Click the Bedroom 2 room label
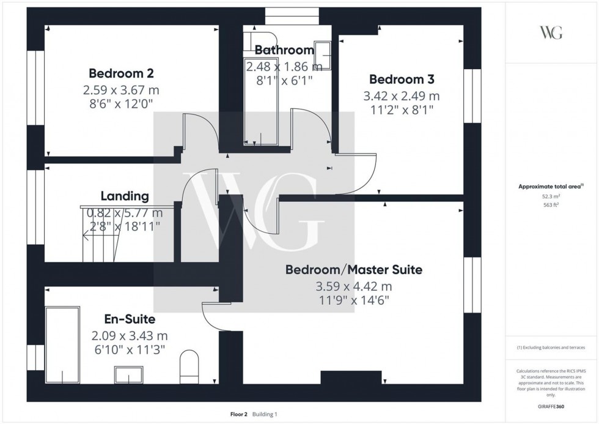(121, 73)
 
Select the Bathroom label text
(284, 50)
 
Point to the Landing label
(125, 196)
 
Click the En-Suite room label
(129, 319)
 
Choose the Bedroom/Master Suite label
(353, 270)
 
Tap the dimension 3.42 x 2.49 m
(402, 96)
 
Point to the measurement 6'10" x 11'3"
(129, 349)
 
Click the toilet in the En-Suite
(189, 366)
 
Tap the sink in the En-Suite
(128, 374)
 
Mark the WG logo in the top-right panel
(551, 32)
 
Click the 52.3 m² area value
(551, 197)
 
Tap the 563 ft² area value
(551, 206)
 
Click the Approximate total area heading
(551, 187)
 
